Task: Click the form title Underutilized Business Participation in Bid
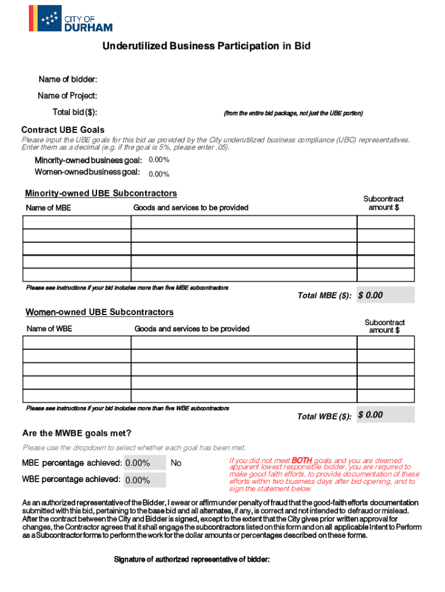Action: pos(206,46)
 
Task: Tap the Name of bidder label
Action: pos(68,79)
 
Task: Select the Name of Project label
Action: pos(67,95)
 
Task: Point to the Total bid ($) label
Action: pos(75,112)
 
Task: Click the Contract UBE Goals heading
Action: pos(63,129)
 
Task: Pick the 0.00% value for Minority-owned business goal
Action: pos(159,160)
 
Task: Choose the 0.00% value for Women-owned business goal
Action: pos(159,174)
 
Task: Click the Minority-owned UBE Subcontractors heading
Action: pos(101,193)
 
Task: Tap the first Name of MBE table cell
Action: pos(77,222)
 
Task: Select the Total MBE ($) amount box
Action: pos(385,295)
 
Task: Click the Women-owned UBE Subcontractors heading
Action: pos(99,312)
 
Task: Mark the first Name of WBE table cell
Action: pos(77,342)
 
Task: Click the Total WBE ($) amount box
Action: pos(385,415)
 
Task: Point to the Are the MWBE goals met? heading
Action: pos(77,434)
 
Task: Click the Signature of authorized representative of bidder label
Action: pos(192,559)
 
